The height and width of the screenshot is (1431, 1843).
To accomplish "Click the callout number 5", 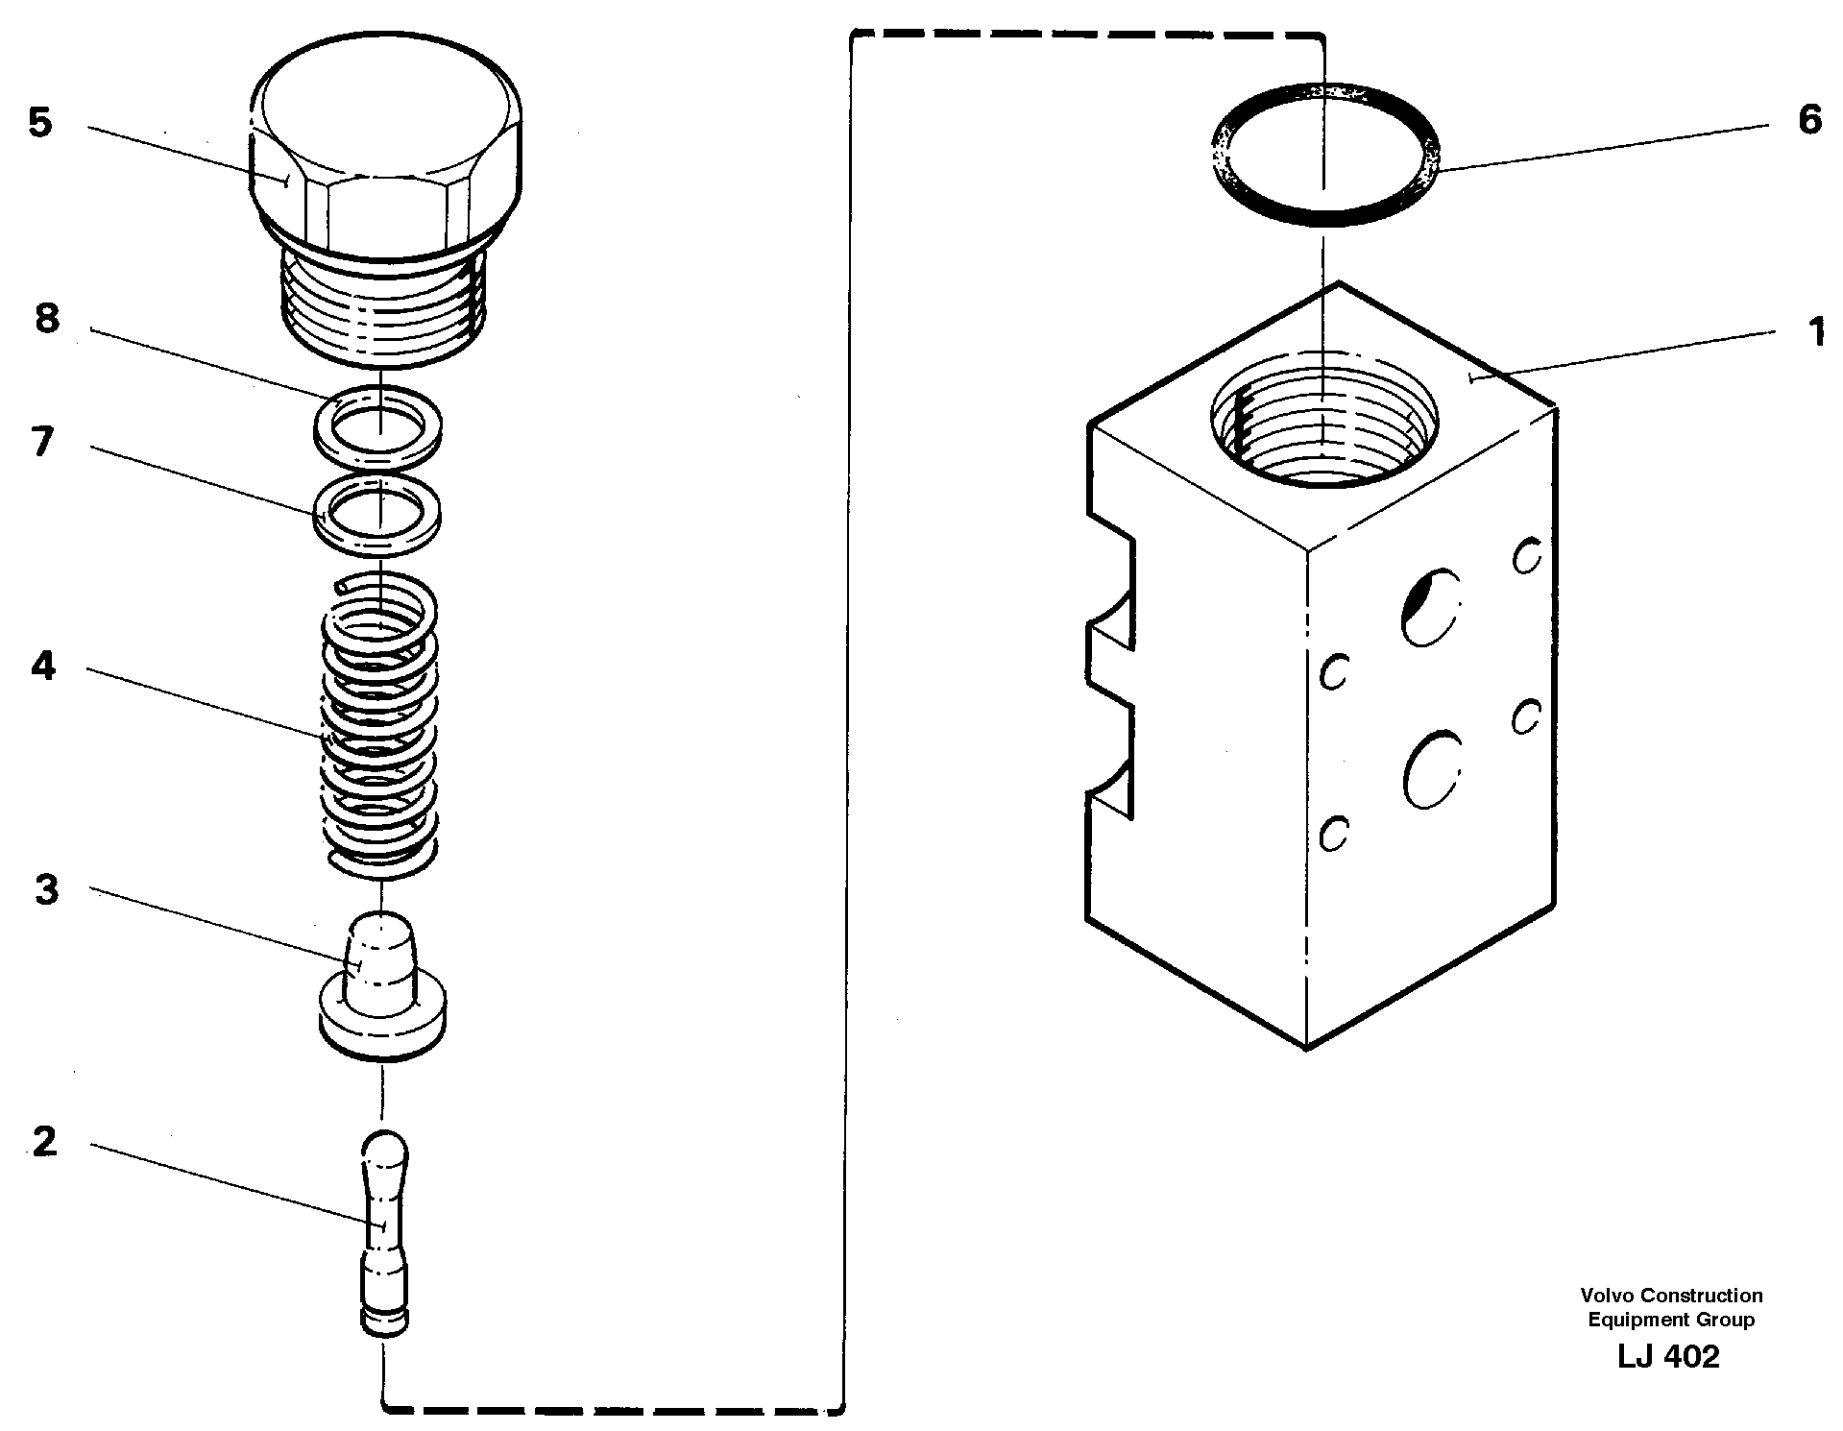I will [39, 123].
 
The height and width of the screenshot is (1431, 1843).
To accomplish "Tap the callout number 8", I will [47, 319].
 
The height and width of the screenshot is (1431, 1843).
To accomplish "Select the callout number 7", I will [42, 443].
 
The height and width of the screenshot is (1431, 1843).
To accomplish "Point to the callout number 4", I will [43, 666].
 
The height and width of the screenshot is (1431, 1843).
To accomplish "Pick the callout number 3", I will [46, 889].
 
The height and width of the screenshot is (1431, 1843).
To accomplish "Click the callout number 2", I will [44, 1142].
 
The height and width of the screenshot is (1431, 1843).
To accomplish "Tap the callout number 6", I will [1808, 121].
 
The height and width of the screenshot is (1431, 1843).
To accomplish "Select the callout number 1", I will [1815, 332].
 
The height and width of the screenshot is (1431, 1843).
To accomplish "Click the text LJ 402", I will [1668, 1357].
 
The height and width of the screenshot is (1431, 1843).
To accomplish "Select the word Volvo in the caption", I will [1614, 1297].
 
